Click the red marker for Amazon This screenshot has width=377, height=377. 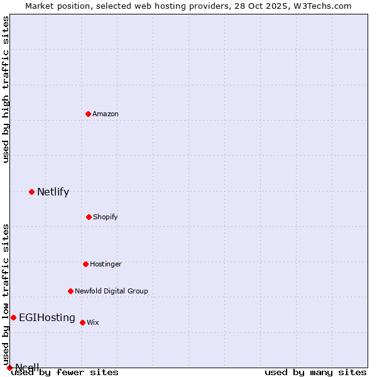coord(89,114)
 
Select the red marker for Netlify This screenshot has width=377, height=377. coord(31,192)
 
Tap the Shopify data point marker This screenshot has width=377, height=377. coord(89,217)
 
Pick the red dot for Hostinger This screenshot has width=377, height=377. coord(85,264)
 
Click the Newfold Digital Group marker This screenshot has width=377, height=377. coord(70,291)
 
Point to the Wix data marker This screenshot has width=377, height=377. coord(82,322)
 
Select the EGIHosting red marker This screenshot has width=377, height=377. coord(13,317)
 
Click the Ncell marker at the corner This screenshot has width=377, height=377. coord(9,368)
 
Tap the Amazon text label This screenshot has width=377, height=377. coord(106,114)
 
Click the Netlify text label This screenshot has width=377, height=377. coord(53,192)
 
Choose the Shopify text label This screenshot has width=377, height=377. coord(106,217)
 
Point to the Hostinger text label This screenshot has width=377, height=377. coord(106,264)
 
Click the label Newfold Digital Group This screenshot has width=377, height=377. coord(111,291)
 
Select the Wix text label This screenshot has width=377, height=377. coord(93,322)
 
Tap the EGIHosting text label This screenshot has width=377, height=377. coord(47,318)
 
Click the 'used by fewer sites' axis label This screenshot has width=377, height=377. coord(65,372)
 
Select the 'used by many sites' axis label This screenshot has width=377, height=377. coord(315,372)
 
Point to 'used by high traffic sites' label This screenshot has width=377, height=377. coord(6,89)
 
